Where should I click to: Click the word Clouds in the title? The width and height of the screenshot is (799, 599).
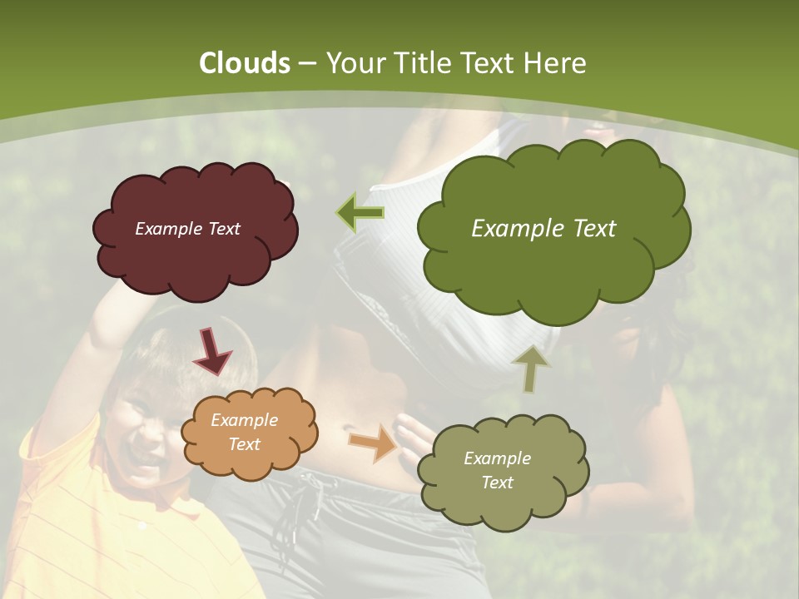(x=245, y=63)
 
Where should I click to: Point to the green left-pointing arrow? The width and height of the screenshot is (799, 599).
(x=360, y=212)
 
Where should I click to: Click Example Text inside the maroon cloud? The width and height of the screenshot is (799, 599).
(x=187, y=229)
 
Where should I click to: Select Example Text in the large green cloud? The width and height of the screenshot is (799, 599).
(x=543, y=229)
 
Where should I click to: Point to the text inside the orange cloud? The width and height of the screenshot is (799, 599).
(x=244, y=433)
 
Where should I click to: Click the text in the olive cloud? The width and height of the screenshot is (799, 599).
(x=497, y=470)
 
